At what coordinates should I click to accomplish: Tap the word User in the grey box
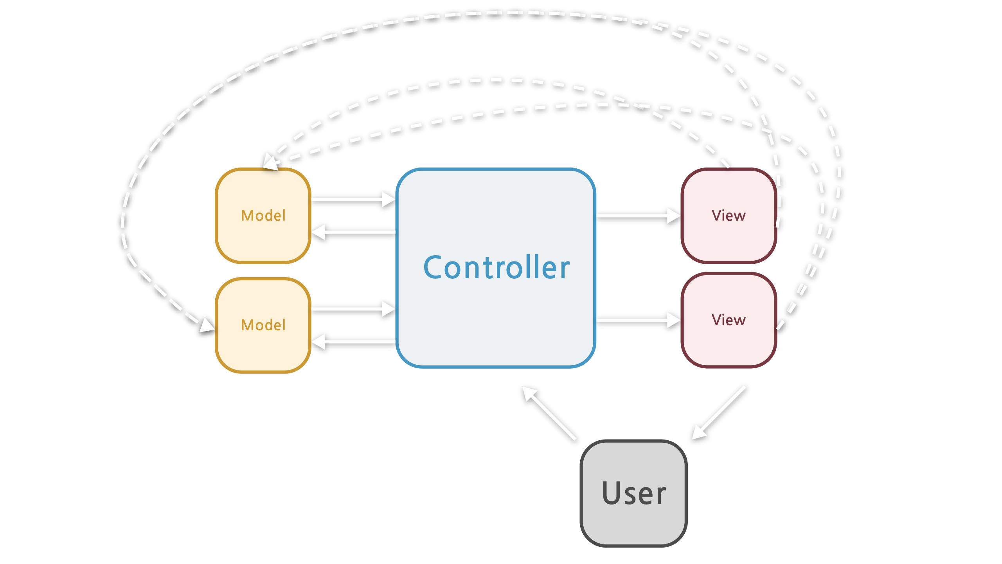[633, 493]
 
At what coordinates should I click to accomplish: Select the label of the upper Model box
[263, 216]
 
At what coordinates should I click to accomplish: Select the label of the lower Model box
[263, 325]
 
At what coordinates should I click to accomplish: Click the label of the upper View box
[728, 216]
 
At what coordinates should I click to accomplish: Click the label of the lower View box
[728, 320]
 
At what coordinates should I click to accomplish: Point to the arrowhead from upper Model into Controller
[389, 200]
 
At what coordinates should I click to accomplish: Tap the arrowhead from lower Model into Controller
[389, 309]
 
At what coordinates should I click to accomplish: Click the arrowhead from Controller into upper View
[674, 216]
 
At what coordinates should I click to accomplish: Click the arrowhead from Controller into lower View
[674, 320]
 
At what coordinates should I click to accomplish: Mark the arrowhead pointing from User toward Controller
[530, 394]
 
